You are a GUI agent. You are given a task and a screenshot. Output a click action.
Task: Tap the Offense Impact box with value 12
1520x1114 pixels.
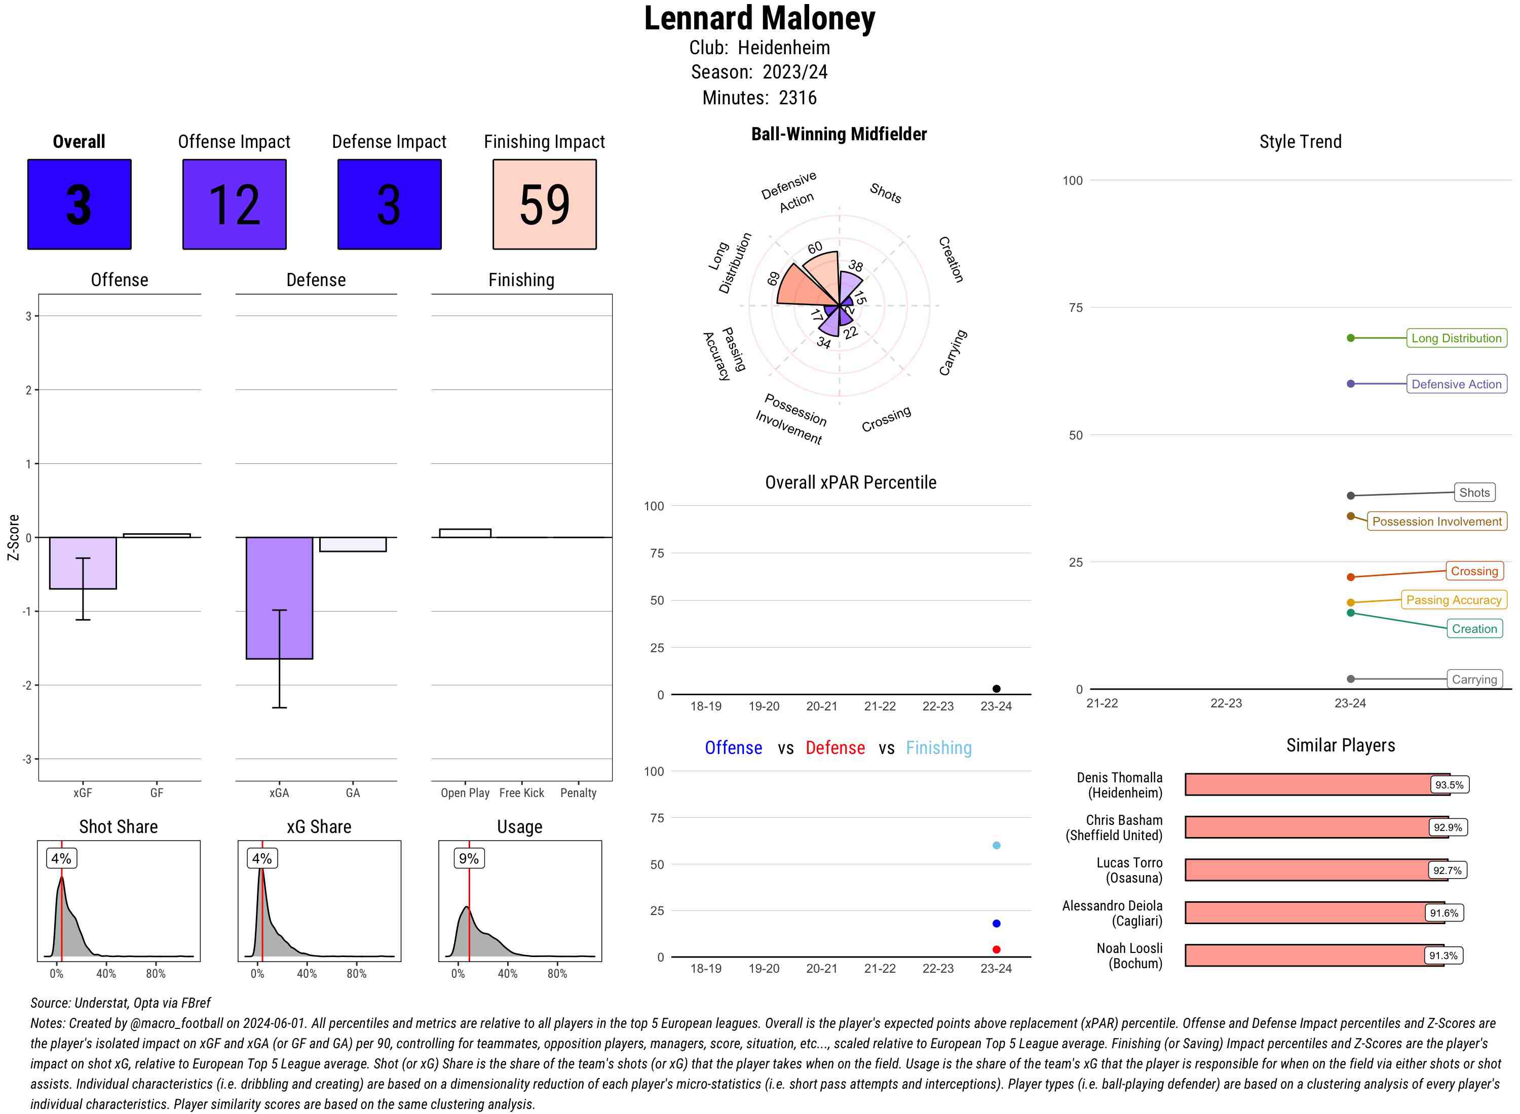(x=234, y=205)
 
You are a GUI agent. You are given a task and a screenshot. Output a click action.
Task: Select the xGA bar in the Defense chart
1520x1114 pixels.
(x=279, y=598)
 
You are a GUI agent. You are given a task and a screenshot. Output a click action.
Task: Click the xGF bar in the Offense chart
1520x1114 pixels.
(x=83, y=563)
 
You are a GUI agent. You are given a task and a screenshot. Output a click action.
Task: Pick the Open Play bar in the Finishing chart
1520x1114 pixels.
(x=465, y=533)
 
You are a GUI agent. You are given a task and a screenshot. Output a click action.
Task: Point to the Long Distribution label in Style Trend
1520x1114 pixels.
(x=1456, y=338)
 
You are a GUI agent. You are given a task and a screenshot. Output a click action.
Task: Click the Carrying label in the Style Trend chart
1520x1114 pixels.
(x=1473, y=679)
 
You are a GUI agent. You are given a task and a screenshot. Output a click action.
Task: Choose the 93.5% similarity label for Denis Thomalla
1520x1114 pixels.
(x=1449, y=785)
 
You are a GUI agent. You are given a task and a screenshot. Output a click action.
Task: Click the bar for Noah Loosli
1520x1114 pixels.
(x=1314, y=955)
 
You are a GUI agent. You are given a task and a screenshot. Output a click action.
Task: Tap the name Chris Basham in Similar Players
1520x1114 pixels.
(x=1124, y=820)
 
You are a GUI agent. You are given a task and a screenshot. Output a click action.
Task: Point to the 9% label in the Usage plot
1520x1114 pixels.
(x=468, y=858)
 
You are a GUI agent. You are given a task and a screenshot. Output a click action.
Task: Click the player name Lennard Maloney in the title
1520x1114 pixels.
(x=759, y=18)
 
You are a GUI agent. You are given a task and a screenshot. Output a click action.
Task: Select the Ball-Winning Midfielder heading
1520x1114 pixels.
(x=839, y=134)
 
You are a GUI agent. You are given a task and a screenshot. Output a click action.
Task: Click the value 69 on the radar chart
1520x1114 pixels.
(x=774, y=278)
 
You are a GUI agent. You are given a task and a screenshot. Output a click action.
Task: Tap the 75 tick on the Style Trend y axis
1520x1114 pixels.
(x=1076, y=307)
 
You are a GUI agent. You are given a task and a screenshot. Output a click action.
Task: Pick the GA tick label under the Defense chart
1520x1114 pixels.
(x=353, y=793)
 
